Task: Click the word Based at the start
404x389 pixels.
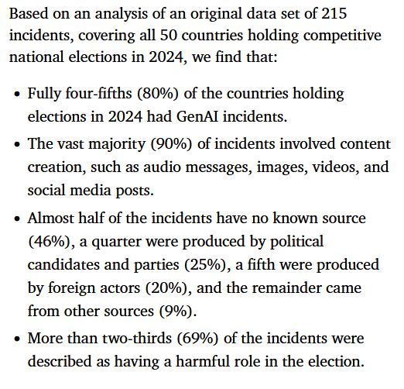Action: point(28,15)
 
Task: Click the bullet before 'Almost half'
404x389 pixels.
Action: point(18,220)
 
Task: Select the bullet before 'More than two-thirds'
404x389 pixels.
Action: point(18,339)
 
